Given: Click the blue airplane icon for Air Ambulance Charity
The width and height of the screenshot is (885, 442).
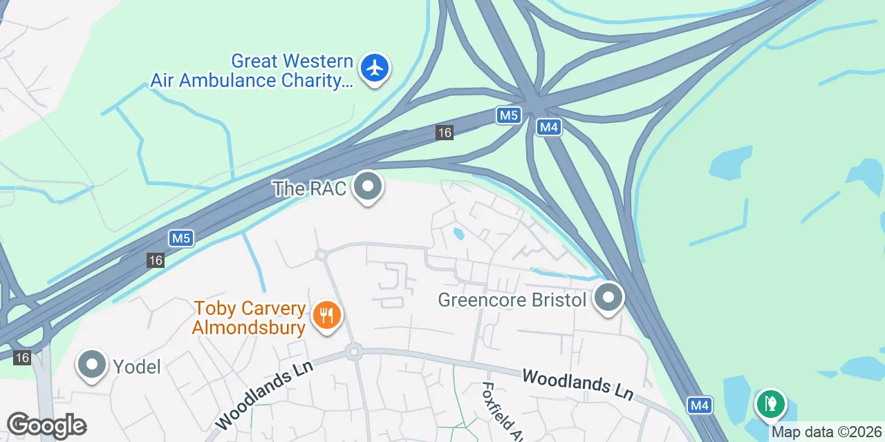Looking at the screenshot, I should (375, 68).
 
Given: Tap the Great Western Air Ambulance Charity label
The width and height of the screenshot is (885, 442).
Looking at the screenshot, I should (252, 71).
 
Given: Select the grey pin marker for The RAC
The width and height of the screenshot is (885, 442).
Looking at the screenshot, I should (368, 186).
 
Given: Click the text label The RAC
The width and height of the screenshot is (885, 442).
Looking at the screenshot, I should (309, 189).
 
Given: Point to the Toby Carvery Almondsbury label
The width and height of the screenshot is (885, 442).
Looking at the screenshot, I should (249, 318).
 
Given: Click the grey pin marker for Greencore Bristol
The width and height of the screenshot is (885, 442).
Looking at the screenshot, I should (608, 298).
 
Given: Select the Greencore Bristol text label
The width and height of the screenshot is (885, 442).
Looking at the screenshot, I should (512, 300).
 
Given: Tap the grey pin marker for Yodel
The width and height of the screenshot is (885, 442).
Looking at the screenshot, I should (91, 365).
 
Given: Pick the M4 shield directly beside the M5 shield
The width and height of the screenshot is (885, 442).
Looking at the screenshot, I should (549, 127).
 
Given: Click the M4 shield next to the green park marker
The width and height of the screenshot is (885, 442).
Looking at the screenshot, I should (700, 405).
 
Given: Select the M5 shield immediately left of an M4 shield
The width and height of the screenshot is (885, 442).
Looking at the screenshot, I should (508, 115).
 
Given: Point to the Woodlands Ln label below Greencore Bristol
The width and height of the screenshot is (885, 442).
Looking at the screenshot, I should (577, 385).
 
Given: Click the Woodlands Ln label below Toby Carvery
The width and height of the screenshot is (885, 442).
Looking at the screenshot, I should (265, 394).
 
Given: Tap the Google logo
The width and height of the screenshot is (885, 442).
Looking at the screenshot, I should (46, 425).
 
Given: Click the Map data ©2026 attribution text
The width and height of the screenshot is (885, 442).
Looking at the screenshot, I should (827, 432).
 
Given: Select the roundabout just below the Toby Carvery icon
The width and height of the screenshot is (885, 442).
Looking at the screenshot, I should (355, 352).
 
